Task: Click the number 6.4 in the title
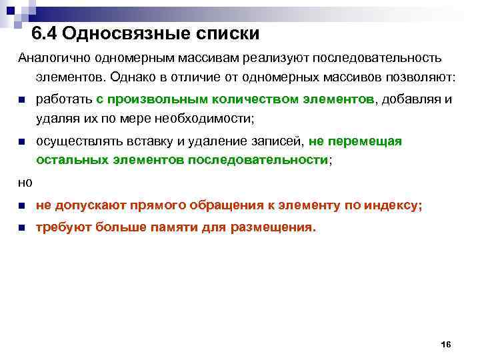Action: click(x=45, y=34)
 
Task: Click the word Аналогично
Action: click(x=50, y=59)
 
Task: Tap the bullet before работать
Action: click(x=21, y=100)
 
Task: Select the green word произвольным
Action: click(x=156, y=99)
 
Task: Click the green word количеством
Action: click(x=251, y=99)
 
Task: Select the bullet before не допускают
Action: click(x=21, y=206)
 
